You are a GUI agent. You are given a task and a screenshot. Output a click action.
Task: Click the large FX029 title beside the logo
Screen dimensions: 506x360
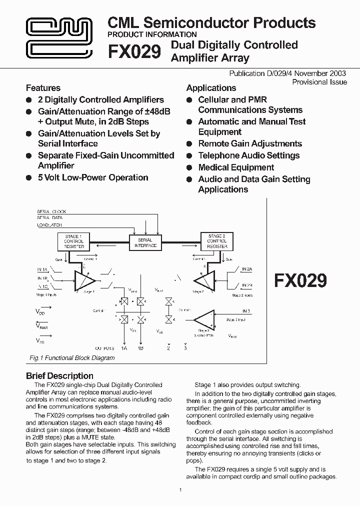134,51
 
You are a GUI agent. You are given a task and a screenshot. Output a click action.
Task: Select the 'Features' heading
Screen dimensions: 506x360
43,88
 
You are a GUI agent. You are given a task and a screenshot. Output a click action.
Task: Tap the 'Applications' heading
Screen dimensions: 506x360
211,88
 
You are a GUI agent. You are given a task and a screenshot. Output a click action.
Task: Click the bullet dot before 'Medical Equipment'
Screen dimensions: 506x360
189,168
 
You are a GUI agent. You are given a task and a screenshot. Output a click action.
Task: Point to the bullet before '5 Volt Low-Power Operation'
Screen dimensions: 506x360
29,177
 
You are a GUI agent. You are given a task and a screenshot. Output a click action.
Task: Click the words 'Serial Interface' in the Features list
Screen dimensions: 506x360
68,143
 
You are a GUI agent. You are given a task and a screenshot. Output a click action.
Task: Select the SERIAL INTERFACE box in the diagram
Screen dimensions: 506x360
145,242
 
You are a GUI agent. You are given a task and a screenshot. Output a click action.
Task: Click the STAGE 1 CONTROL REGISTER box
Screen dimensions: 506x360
74,241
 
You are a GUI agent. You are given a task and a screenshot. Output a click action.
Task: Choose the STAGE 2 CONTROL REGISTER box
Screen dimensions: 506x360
216,241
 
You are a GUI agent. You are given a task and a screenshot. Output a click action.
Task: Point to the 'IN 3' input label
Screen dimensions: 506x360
245,311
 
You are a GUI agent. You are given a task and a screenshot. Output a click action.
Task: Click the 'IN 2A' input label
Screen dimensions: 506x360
247,269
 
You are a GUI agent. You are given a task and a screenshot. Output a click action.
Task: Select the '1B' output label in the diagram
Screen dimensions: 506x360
140,348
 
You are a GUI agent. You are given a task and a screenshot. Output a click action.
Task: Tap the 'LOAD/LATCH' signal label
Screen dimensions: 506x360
49,225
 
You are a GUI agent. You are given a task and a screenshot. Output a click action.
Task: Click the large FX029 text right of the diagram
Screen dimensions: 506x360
300,280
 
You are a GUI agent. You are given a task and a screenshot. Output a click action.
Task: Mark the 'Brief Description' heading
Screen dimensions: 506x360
59,376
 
